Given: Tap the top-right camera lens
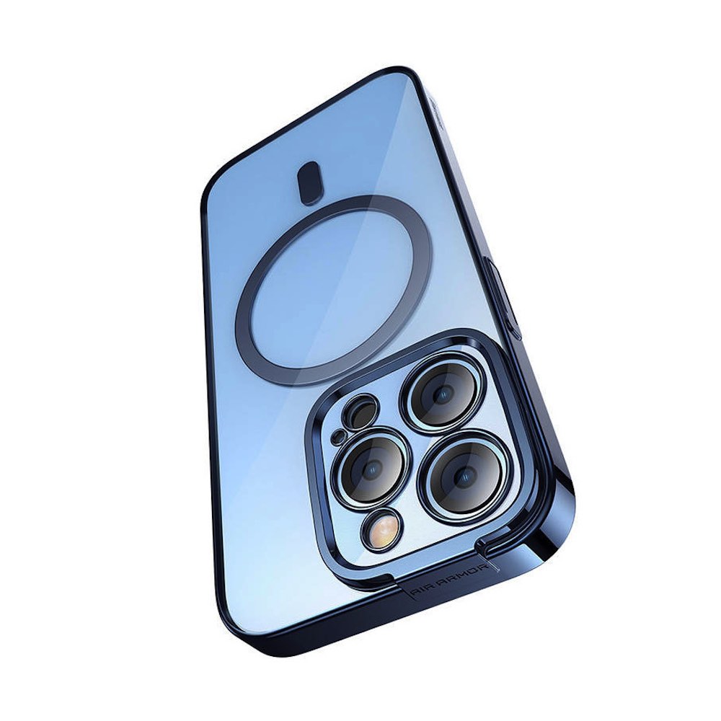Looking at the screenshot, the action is [441, 392].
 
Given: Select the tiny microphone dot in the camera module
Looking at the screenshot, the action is [339, 434].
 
